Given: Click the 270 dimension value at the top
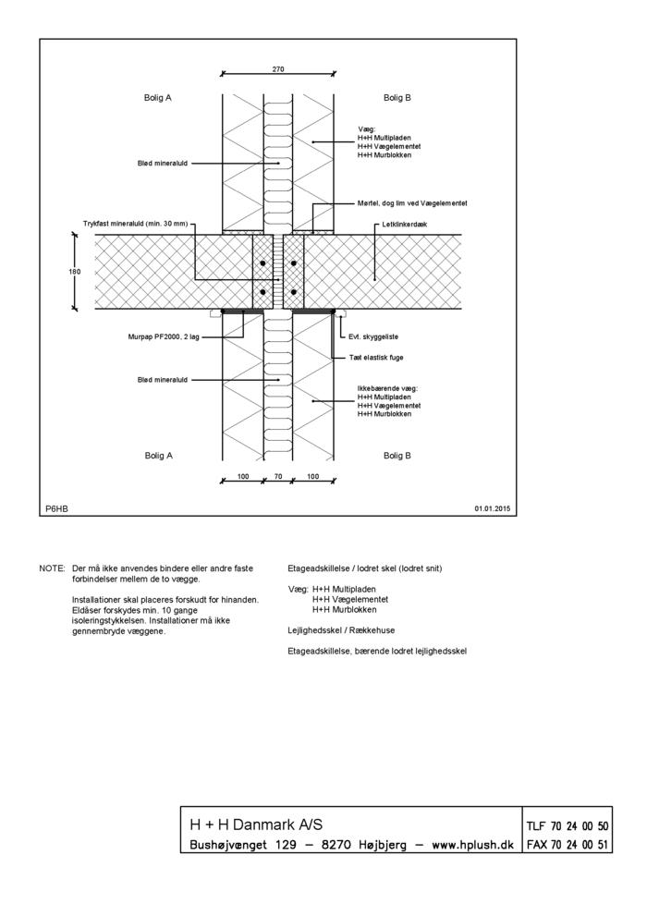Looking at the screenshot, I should click(278, 68).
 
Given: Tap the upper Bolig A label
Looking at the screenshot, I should click(158, 97).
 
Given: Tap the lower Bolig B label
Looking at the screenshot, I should click(397, 456).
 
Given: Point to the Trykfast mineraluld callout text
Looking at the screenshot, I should click(135, 224).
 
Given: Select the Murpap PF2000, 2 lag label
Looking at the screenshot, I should click(164, 336).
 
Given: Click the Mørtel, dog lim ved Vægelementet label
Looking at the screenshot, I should click(412, 202).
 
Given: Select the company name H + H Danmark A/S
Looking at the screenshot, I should click(256, 824).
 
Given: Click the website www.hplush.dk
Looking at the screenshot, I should click(470, 844).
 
